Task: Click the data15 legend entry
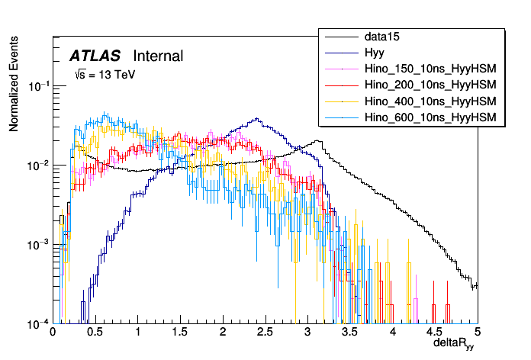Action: (x=382, y=37)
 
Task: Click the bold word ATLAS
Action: (x=95, y=56)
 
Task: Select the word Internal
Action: (x=158, y=56)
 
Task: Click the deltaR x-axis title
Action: (x=455, y=345)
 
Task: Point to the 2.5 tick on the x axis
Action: (x=265, y=333)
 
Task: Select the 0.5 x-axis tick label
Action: (x=95, y=333)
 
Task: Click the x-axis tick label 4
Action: (x=392, y=333)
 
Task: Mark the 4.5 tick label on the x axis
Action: (x=435, y=333)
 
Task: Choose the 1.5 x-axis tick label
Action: (x=180, y=333)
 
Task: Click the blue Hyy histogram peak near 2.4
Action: (x=257, y=119)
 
